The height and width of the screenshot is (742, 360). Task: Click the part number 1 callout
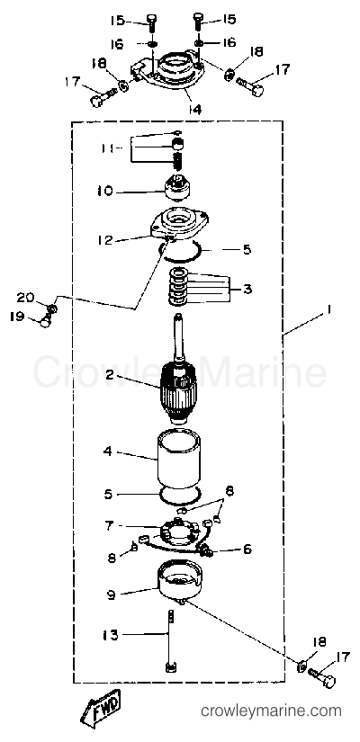(329, 310)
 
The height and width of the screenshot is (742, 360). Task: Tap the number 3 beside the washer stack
(247, 289)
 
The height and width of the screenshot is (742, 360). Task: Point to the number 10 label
(105, 192)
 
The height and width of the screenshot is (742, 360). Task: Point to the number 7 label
(109, 526)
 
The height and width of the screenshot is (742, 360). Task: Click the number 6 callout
(247, 550)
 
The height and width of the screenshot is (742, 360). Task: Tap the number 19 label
(18, 316)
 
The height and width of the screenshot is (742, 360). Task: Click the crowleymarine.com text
(272, 711)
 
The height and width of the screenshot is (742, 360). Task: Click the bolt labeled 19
(46, 322)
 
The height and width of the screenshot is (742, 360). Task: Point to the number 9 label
(112, 594)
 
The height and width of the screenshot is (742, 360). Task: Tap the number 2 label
(109, 376)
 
